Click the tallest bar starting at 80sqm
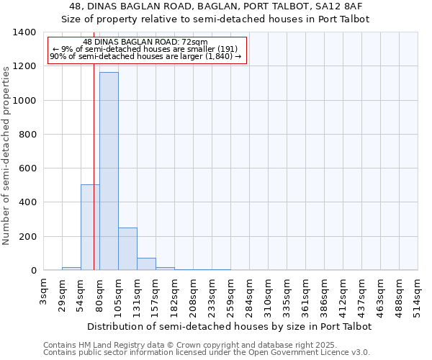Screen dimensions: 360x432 (109, 171)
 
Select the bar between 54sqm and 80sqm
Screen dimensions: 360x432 (90, 228)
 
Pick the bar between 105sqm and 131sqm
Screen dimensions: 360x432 (127, 249)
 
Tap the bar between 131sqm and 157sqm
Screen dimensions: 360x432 (146, 264)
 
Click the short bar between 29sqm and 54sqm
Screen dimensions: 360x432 (71, 269)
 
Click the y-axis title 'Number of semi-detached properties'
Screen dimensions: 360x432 (6, 155)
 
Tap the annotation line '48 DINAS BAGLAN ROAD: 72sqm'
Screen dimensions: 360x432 (145, 42)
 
